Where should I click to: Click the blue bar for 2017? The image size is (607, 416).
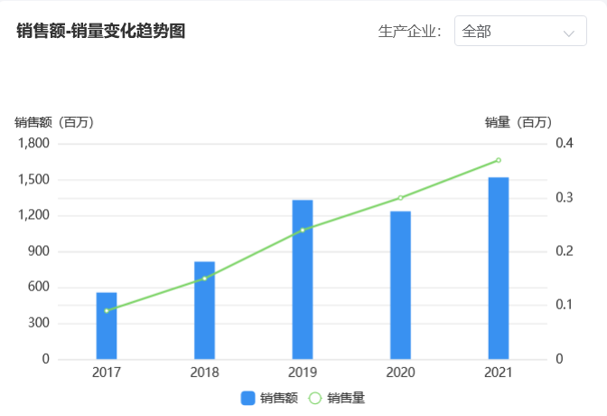(x=107, y=326)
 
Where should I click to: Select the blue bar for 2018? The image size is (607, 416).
(x=204, y=310)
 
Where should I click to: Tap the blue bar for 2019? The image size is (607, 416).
(x=303, y=279)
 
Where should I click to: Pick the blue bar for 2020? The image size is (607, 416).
(x=400, y=285)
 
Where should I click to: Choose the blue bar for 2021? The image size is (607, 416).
(x=498, y=268)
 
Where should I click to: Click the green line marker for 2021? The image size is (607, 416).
(x=498, y=160)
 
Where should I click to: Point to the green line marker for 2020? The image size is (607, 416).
(x=400, y=197)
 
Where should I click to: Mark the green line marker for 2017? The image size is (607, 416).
(x=107, y=310)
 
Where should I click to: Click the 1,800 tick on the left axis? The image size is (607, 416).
(x=33, y=144)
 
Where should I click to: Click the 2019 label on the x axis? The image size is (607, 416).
(x=303, y=373)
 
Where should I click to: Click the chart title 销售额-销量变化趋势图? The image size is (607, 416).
(x=101, y=32)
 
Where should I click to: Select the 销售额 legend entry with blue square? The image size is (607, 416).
(x=269, y=398)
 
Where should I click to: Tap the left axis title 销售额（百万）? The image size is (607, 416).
(x=54, y=122)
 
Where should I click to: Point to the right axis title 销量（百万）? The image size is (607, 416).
(x=518, y=122)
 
